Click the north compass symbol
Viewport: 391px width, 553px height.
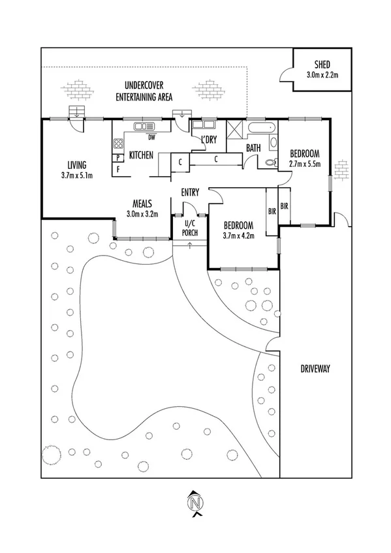194,502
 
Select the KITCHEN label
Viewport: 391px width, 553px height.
140,155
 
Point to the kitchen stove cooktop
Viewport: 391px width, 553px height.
118,143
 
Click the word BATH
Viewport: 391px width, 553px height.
253,149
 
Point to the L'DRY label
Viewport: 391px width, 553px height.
209,140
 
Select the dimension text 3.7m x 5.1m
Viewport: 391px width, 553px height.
76,175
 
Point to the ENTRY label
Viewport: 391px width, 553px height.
191,192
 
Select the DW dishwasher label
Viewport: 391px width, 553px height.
151,138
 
